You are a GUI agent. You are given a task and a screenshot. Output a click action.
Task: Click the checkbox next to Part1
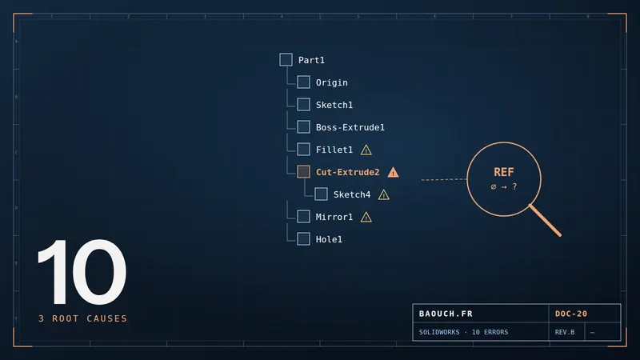(286, 59)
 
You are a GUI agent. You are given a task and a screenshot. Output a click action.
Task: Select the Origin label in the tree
(331, 82)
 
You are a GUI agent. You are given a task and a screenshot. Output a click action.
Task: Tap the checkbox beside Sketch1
(303, 105)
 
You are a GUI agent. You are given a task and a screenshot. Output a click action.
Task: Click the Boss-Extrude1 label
(350, 127)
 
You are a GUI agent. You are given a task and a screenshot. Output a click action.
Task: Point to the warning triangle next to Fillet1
(366, 150)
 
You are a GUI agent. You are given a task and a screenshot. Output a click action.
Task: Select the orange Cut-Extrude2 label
(347, 172)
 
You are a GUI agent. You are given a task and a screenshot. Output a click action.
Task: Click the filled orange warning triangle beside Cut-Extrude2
(393, 173)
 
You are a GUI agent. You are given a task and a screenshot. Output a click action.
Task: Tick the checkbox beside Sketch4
(321, 194)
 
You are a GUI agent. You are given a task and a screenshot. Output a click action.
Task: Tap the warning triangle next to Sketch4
(384, 195)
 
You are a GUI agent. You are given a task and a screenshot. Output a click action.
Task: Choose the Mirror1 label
(334, 217)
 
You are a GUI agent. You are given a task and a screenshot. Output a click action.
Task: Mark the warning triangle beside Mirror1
(366, 218)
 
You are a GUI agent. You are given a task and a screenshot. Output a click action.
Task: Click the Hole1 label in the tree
(329, 239)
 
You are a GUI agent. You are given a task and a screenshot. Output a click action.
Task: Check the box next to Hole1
(303, 238)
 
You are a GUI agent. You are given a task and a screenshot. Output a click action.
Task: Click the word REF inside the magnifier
(504, 172)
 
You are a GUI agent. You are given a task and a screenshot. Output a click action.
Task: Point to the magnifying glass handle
(546, 221)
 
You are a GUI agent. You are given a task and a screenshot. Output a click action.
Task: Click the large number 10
(82, 271)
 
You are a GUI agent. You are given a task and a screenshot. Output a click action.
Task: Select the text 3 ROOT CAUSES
(83, 318)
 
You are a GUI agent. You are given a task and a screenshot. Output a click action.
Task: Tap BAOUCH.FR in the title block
(446, 314)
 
